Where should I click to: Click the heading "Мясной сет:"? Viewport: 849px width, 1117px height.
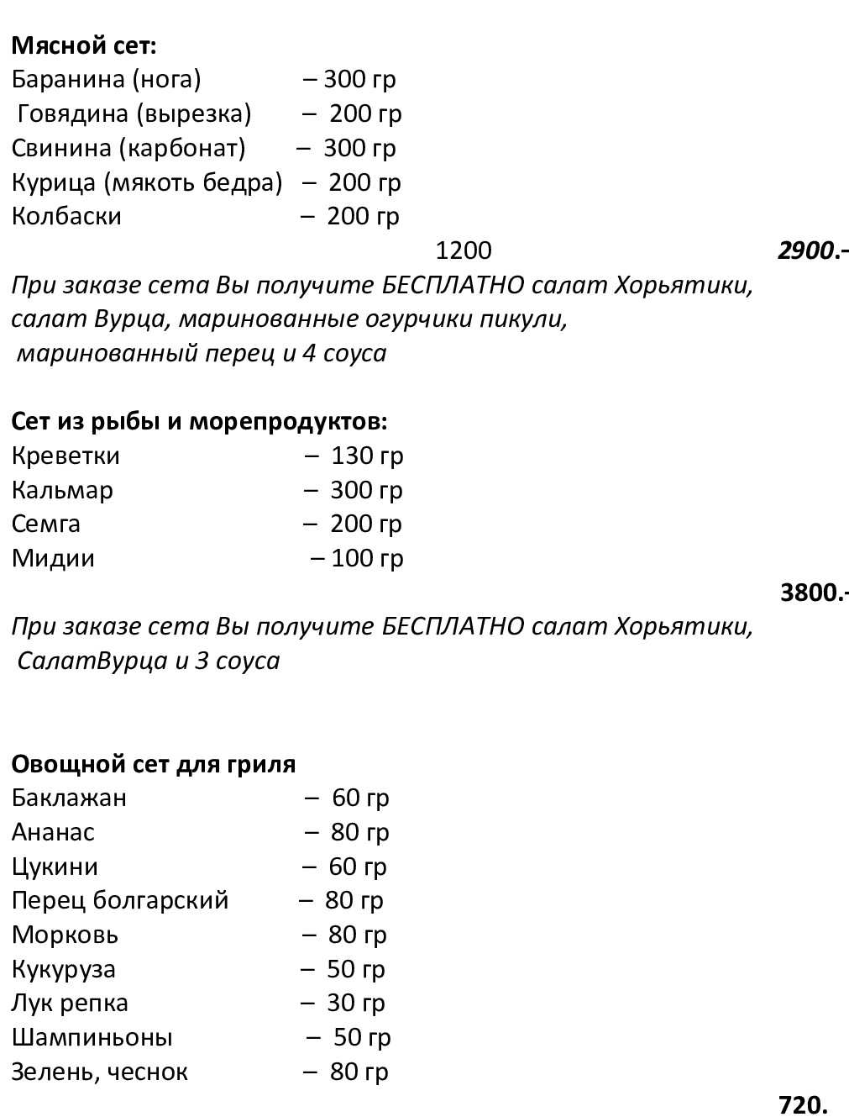click(84, 45)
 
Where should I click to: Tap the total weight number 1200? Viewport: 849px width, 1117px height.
click(464, 250)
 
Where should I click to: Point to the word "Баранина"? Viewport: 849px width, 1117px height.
click(68, 79)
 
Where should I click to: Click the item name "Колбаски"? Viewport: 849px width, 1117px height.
click(66, 216)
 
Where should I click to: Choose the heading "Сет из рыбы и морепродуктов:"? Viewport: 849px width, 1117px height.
click(199, 421)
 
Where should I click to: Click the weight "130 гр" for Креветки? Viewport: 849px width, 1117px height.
click(367, 456)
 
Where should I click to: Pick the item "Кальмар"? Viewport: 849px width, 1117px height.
click(62, 490)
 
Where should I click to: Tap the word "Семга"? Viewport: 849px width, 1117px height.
click(46, 524)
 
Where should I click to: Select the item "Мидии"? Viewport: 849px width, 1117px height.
click(53, 558)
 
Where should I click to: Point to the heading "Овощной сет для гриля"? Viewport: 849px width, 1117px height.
click(154, 764)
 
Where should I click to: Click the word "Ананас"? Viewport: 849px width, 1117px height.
click(53, 832)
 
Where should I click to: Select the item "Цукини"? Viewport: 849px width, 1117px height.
click(55, 867)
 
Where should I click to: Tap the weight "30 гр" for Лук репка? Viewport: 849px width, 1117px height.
click(355, 1003)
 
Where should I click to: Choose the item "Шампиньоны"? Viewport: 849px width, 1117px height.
click(92, 1037)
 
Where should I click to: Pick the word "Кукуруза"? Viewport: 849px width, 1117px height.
click(64, 969)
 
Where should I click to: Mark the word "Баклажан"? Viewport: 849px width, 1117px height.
click(69, 798)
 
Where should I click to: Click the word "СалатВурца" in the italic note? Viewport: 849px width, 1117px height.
click(92, 661)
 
